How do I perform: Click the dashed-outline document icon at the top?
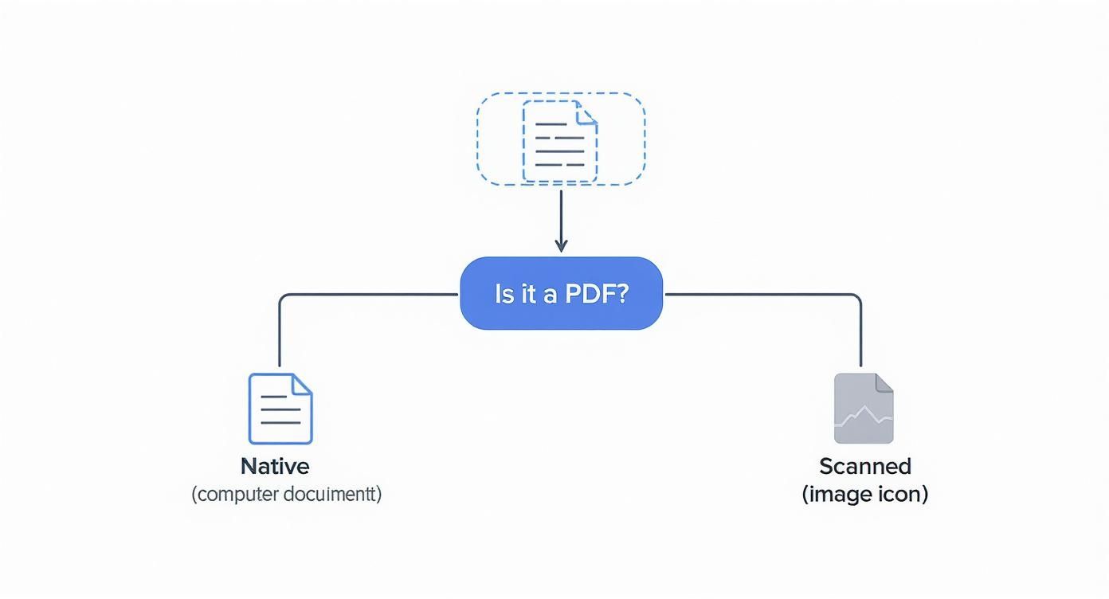pos(559,142)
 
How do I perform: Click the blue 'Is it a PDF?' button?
pos(561,293)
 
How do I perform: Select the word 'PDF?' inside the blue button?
pos(597,294)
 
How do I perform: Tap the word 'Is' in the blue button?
pos(504,294)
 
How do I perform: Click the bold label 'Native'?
pos(275,466)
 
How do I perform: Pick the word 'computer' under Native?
pos(237,494)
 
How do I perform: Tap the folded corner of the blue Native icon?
pos(302,383)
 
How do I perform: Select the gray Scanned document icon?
pos(864,408)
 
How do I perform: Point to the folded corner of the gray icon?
pos(884,383)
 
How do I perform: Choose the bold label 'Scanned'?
pos(864,466)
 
